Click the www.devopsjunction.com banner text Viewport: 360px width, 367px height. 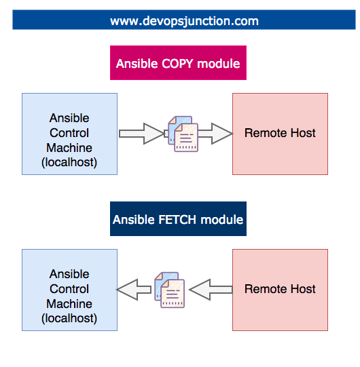(x=185, y=21)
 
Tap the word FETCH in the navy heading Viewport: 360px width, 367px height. (x=177, y=220)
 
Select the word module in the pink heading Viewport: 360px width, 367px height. (x=219, y=64)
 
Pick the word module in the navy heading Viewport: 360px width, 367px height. (x=221, y=220)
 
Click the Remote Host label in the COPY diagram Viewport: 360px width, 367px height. (x=280, y=133)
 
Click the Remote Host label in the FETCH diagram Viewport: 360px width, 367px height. (x=280, y=289)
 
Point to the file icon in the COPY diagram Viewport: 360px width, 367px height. (x=183, y=134)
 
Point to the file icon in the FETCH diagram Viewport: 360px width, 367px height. (x=169, y=290)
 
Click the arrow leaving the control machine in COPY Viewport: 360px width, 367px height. (x=141, y=134)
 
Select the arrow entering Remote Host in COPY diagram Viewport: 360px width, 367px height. (x=215, y=134)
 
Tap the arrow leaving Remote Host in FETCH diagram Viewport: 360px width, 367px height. (x=211, y=290)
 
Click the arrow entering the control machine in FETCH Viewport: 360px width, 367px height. (x=134, y=290)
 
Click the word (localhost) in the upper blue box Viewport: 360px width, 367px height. (x=69, y=162)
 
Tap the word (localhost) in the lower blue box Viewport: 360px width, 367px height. (x=69, y=318)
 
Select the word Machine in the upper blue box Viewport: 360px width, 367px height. (x=69, y=148)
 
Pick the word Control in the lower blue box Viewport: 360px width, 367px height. (x=69, y=289)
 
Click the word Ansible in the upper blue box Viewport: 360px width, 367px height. (x=69, y=118)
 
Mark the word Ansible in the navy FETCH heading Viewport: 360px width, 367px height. (x=134, y=220)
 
